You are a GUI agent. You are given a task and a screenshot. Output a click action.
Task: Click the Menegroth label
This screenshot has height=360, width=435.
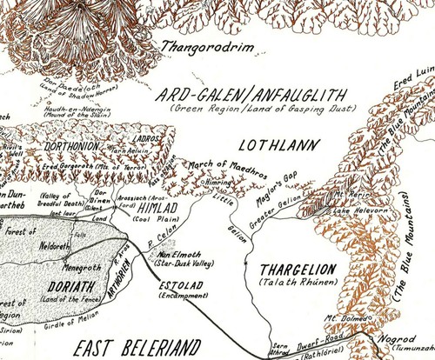tap(64, 256)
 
